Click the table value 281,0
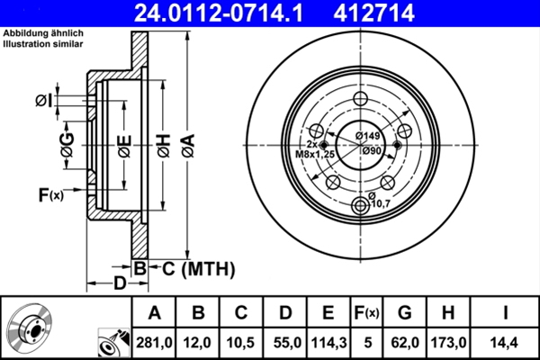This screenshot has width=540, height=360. click(154, 342)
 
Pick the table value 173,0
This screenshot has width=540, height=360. click(448, 342)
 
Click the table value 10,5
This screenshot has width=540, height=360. click(242, 342)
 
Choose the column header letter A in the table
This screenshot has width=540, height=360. click(154, 312)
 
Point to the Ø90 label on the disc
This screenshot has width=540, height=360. click(373, 150)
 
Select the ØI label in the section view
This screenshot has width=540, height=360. click(42, 102)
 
